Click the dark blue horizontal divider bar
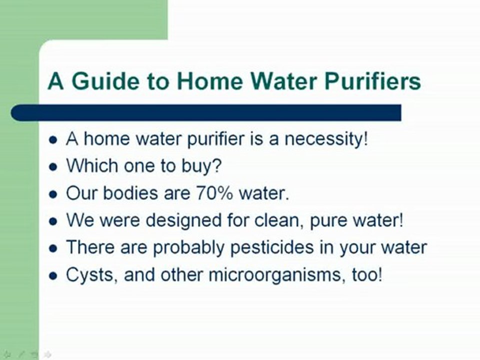coord(205,112)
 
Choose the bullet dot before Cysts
coord(53,275)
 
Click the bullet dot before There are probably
coord(53,248)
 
